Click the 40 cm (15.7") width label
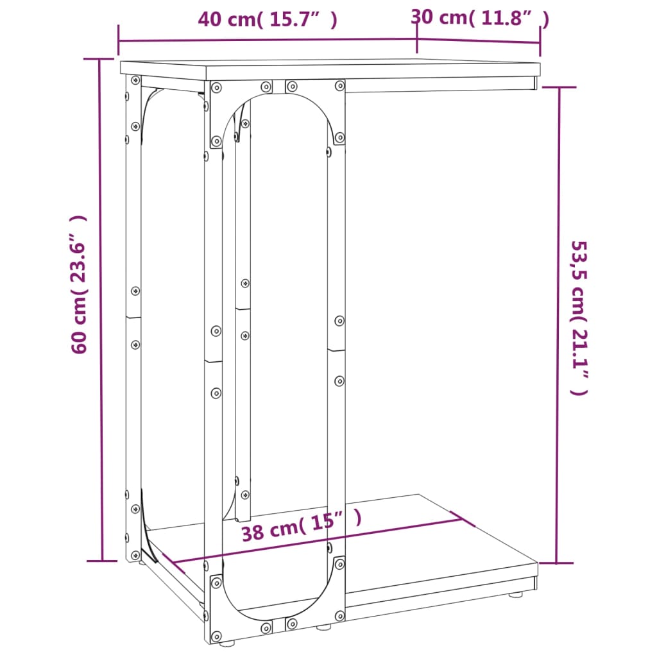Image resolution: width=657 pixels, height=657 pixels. (267, 19)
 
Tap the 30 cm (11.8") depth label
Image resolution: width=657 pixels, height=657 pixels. (480, 17)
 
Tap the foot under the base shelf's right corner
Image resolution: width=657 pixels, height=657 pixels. (515, 595)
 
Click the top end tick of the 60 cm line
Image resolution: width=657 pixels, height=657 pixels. (99, 59)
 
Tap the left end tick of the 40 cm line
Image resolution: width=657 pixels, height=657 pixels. (119, 41)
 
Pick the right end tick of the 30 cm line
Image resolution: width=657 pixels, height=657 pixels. (540, 43)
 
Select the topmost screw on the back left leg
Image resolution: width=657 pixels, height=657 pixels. (135, 81)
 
